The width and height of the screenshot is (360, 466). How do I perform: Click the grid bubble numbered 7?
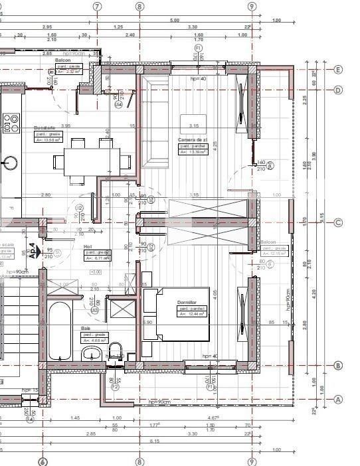point(98,6)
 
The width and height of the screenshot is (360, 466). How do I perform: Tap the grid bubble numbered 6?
point(43,461)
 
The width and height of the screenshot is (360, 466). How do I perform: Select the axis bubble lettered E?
point(338,69)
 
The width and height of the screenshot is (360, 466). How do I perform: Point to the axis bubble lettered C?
point(338,223)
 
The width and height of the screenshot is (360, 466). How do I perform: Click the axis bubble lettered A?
point(338,399)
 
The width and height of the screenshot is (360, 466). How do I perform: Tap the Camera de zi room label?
point(193,140)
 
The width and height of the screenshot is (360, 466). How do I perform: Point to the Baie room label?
point(86,328)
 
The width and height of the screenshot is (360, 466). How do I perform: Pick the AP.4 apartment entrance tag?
point(31,250)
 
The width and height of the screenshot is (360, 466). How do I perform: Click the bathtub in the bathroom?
point(60,331)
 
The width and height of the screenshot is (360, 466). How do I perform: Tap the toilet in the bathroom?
point(116,351)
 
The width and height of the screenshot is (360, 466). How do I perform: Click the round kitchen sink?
point(11,163)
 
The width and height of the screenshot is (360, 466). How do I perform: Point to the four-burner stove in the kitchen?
point(11,123)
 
